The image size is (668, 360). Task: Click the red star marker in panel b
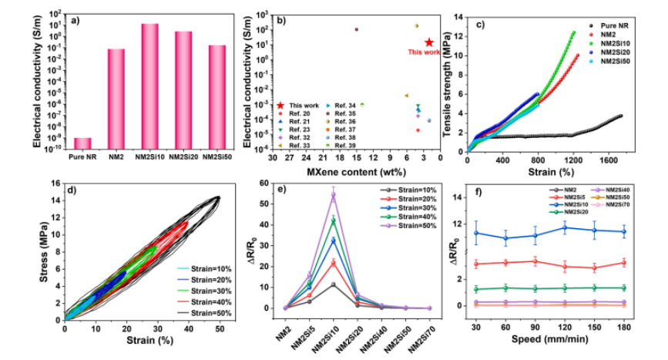pos(428,43)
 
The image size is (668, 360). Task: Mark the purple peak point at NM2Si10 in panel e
pos(334,195)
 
